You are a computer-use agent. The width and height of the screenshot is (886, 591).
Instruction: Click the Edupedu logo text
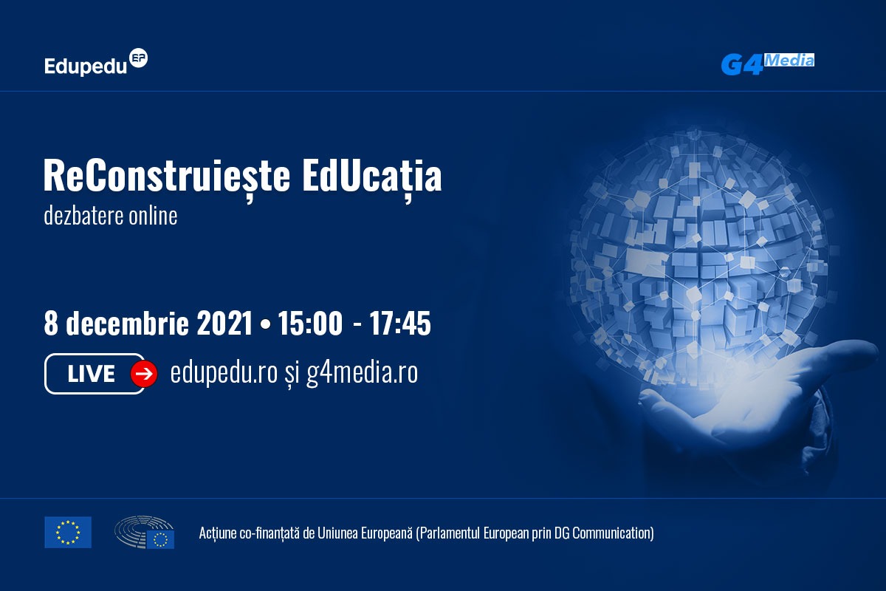[86, 66]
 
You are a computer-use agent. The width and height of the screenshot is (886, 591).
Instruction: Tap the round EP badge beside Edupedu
[139, 58]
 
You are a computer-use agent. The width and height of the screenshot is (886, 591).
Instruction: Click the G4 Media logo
[767, 64]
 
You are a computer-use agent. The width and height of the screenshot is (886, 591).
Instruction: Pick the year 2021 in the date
[224, 323]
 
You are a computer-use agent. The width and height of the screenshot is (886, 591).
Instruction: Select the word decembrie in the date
[127, 323]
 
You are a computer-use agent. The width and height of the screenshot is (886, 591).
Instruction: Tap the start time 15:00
[310, 323]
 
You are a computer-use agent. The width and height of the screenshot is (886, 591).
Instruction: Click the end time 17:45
[400, 323]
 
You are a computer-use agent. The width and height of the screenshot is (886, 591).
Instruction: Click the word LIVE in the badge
[92, 374]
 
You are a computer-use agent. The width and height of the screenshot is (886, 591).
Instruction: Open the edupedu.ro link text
[224, 373]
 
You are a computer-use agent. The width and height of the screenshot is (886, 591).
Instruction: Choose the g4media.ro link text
[363, 373]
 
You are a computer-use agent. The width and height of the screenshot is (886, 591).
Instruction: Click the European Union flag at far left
[68, 533]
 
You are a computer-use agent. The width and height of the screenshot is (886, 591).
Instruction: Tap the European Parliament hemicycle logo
[145, 532]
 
